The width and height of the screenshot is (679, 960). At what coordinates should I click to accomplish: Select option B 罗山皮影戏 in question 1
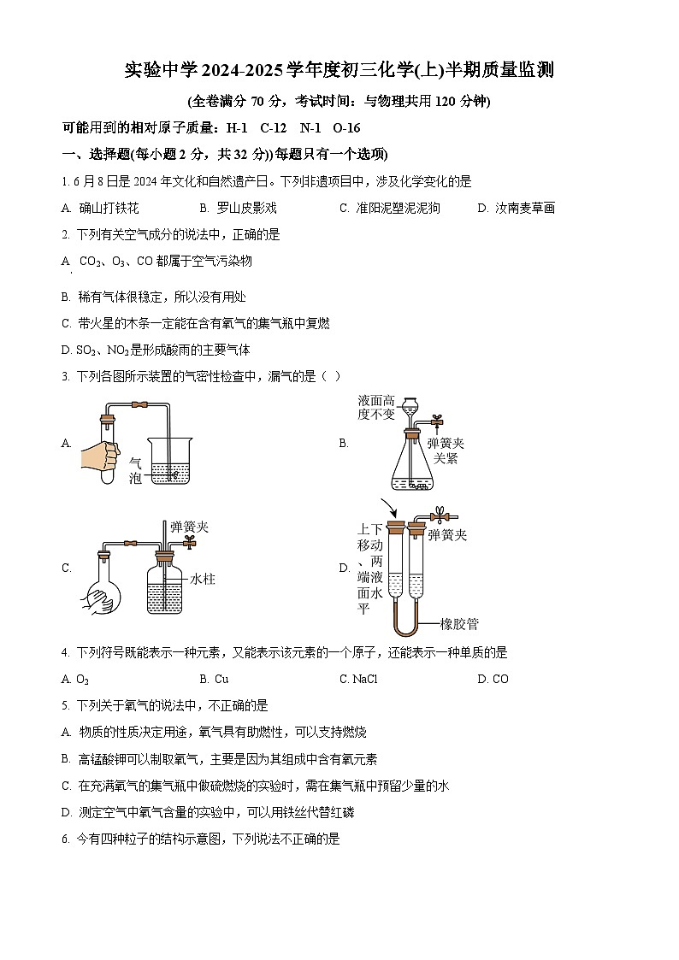[239, 208]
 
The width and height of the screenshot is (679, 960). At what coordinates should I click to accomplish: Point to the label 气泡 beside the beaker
[134, 471]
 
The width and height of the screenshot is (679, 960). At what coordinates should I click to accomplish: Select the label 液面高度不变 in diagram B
[376, 407]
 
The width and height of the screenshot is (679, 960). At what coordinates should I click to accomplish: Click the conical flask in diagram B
[412, 466]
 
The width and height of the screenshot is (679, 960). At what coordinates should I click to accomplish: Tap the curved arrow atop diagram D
[387, 509]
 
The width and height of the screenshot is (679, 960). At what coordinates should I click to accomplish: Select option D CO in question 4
[493, 679]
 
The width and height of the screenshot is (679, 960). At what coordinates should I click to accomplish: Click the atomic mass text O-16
[346, 127]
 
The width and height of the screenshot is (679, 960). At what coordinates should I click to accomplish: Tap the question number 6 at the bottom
[65, 839]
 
